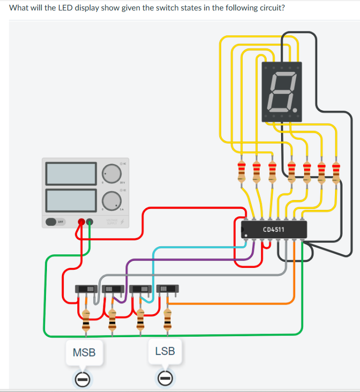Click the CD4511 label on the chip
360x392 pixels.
click(x=273, y=230)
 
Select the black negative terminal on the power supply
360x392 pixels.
click(x=90, y=221)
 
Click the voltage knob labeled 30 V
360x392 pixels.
click(x=111, y=173)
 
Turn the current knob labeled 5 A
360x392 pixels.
click(x=111, y=200)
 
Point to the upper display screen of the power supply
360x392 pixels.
click(x=71, y=173)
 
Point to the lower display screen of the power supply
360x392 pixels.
click(x=71, y=199)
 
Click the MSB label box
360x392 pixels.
click(x=84, y=353)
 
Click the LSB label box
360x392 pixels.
click(x=165, y=351)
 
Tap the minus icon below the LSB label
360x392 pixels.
click(x=166, y=380)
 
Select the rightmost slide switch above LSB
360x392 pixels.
click(x=167, y=289)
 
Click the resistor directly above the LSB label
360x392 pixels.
click(x=167, y=319)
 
